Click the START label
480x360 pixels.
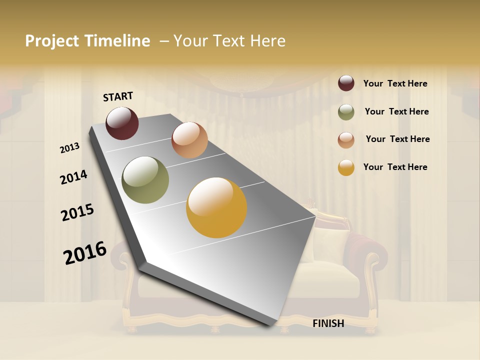tap(118, 96)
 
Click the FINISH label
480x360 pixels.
tap(328, 323)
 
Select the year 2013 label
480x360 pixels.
tap(70, 148)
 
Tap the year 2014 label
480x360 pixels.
tap(74, 177)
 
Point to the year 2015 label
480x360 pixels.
tap(77, 212)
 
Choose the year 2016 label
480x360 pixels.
tap(85, 252)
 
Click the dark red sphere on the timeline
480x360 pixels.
tap(122, 123)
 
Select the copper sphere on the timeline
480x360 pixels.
tap(189, 140)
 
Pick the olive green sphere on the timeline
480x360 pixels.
tap(145, 180)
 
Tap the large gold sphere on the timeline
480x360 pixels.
tap(216, 207)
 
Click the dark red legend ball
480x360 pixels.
tap(346, 83)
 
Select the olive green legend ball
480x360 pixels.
tap(346, 112)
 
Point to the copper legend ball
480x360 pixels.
tap(346, 140)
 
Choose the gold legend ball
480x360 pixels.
tap(346, 167)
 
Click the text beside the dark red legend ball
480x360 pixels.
tap(395, 84)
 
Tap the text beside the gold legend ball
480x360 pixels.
tap(395, 167)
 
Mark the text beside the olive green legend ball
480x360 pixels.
tap(396, 111)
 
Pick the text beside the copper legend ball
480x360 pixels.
tap(397, 139)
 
